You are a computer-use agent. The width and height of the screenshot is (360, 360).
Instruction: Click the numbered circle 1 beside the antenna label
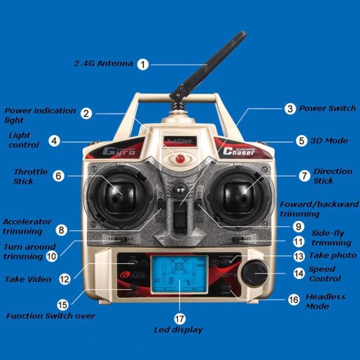click(x=142, y=64)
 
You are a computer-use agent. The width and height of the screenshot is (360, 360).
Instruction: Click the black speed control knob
click(x=254, y=274)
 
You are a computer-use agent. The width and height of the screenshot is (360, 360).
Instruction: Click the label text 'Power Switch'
click(x=328, y=109)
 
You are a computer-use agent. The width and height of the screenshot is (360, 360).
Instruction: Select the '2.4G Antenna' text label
click(x=103, y=64)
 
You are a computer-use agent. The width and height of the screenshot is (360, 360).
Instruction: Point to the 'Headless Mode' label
click(x=325, y=301)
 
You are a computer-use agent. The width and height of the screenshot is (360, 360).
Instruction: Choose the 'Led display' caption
click(x=178, y=330)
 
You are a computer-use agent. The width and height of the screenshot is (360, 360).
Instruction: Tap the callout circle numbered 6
click(x=58, y=176)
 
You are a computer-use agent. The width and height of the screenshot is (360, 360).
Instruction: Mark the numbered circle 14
click(x=299, y=273)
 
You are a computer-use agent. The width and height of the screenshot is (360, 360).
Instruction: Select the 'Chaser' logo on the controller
click(x=239, y=152)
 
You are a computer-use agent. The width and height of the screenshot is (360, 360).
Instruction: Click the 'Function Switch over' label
click(x=50, y=316)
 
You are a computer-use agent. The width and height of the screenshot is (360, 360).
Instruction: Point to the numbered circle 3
click(x=290, y=109)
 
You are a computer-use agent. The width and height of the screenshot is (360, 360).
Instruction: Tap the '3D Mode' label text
click(x=329, y=141)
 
